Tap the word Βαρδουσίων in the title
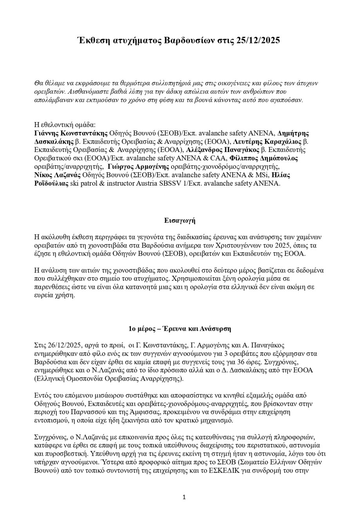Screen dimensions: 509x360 (x=189, y=41)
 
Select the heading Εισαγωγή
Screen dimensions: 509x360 (x=180, y=220)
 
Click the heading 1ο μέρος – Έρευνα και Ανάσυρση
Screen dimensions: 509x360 (x=180, y=329)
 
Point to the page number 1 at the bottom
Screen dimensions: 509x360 (x=184, y=497)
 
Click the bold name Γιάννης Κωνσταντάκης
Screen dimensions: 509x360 (x=71, y=133)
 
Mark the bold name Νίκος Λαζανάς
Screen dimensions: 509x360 (x=58, y=175)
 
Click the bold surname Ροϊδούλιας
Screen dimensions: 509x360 (x=51, y=183)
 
